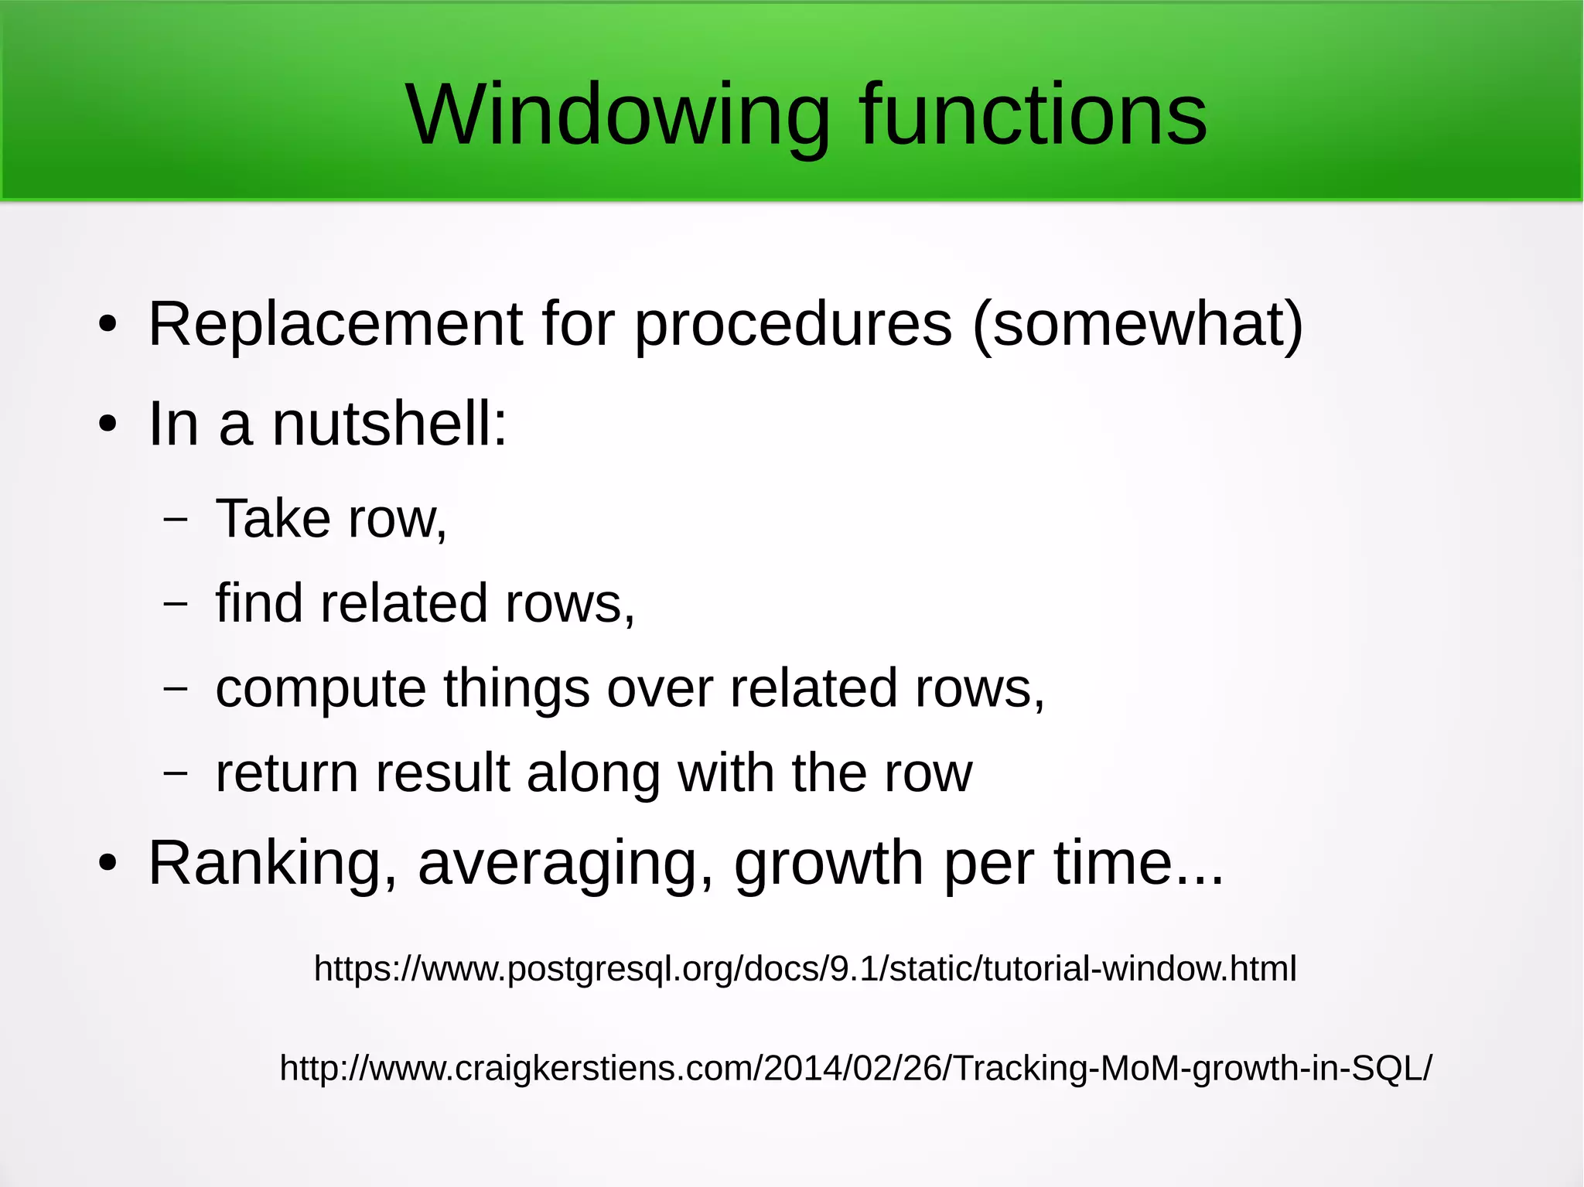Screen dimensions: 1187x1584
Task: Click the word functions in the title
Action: [1033, 116]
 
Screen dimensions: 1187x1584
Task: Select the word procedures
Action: [793, 326]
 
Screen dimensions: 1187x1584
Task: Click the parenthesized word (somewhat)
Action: [1137, 326]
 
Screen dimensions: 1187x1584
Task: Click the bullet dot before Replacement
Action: [108, 326]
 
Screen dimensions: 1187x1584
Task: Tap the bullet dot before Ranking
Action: [108, 864]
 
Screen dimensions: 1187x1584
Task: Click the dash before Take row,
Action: [176, 519]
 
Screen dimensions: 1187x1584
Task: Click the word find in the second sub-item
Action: [259, 602]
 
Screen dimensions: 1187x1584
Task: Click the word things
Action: [516, 688]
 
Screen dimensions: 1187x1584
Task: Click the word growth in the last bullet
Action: [828, 865]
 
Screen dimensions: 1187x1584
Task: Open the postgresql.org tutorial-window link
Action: [804, 969]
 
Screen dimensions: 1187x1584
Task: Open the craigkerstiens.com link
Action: [855, 1068]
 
